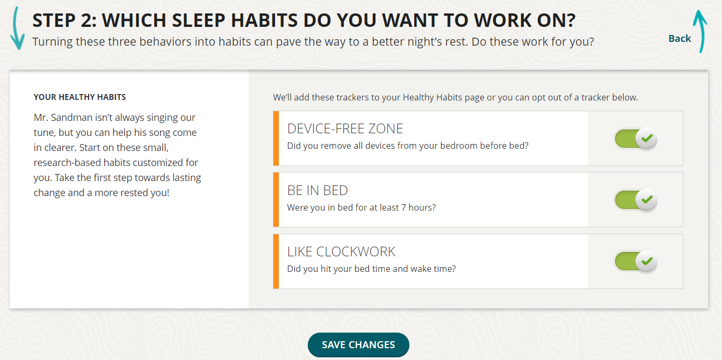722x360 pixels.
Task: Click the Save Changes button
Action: [358, 345]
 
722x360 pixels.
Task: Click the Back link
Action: [680, 38]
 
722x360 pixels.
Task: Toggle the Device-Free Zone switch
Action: [636, 139]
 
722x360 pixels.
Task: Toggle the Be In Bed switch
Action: [636, 200]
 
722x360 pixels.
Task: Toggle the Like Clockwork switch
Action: [636, 262]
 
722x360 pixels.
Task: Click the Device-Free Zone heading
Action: [345, 129]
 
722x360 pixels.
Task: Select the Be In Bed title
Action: [317, 190]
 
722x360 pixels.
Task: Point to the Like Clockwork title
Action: [341, 251]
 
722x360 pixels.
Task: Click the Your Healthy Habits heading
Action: [80, 97]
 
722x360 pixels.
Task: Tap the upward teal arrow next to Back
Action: [699, 32]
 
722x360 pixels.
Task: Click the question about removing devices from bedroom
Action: [408, 146]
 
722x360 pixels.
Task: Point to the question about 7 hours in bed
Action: [361, 207]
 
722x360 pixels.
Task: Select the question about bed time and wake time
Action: [371, 269]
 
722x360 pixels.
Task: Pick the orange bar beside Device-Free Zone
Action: [276, 138]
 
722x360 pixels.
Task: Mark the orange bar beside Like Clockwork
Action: [276, 261]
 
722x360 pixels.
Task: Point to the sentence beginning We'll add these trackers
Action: [455, 98]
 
